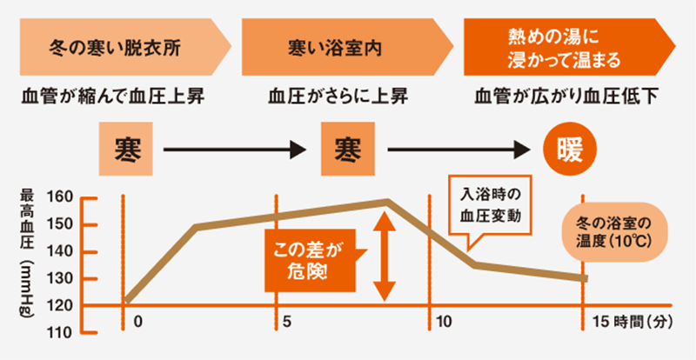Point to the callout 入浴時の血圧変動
click(x=489, y=206)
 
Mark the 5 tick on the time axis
click(x=287, y=322)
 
